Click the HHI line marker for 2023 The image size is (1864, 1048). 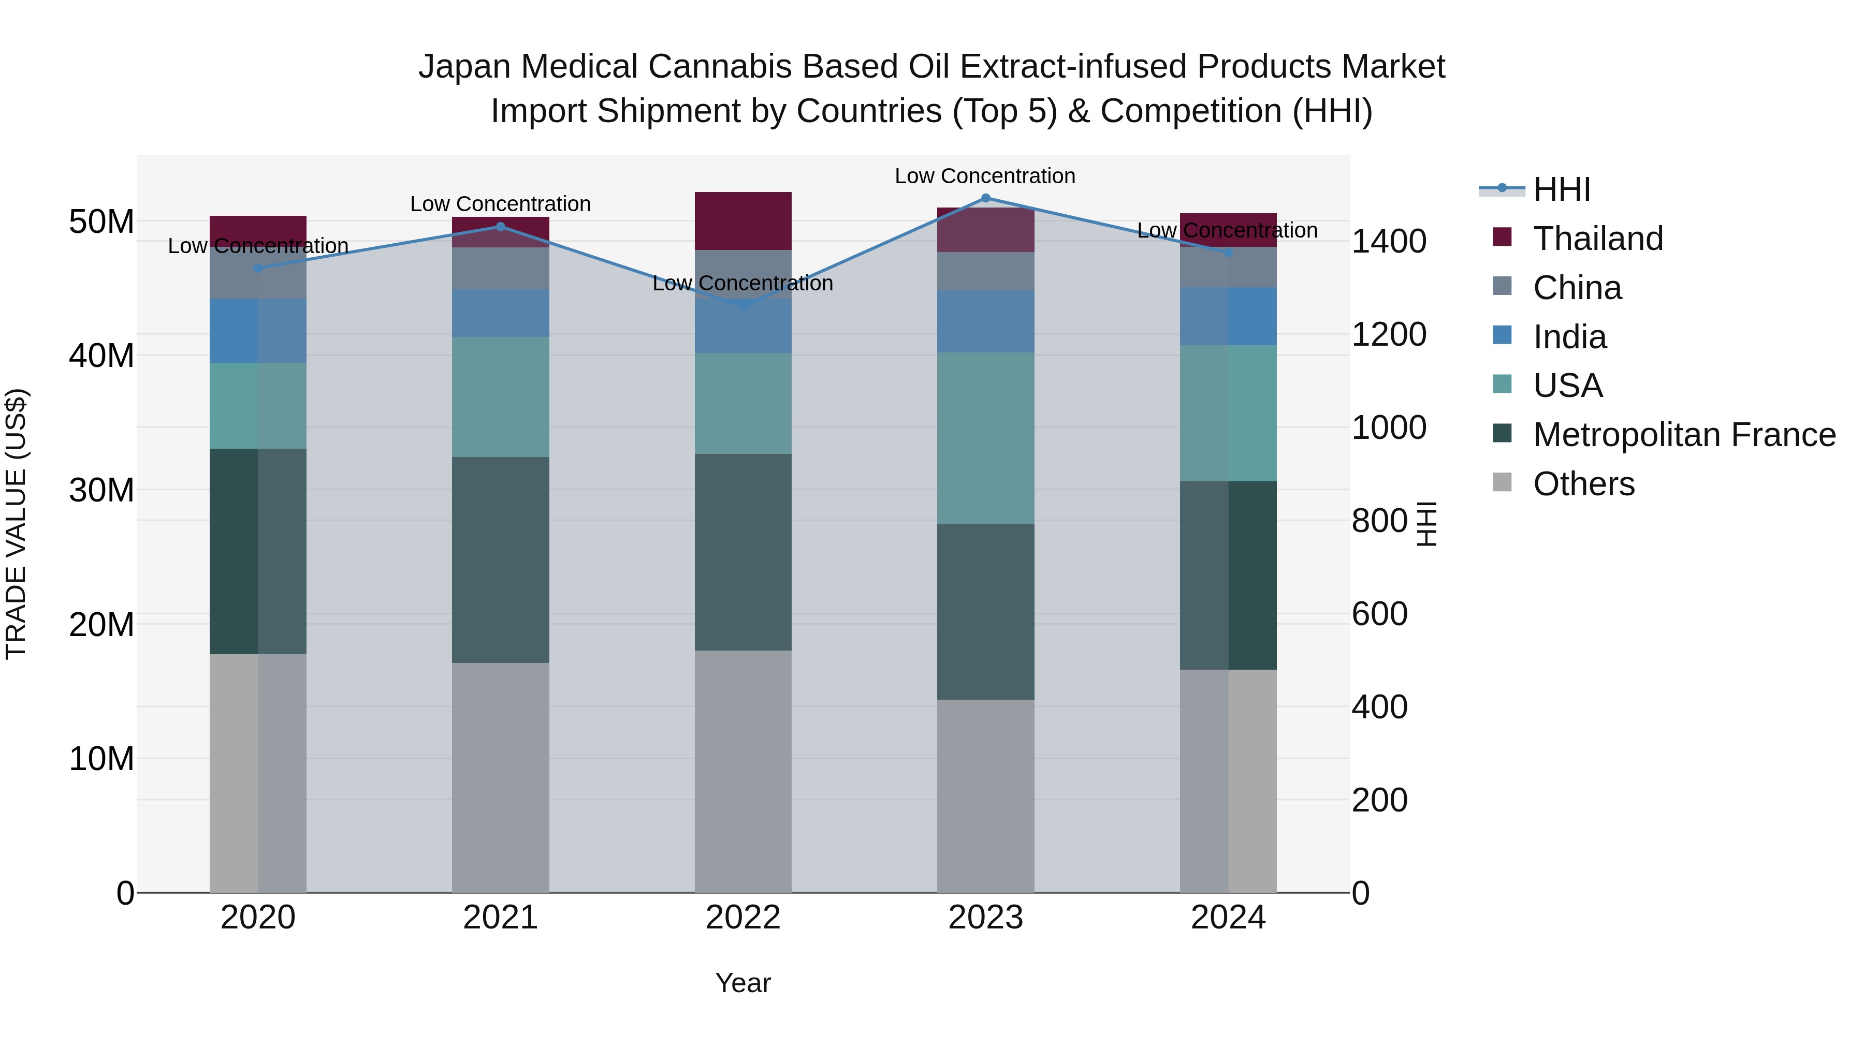[x=985, y=198]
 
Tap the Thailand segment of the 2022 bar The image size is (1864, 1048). [x=742, y=220]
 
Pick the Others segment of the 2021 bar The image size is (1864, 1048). [x=500, y=777]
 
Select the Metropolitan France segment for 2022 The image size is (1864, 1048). [x=742, y=552]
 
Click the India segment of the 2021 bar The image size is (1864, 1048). [x=500, y=313]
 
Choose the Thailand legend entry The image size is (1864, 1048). [x=1598, y=239]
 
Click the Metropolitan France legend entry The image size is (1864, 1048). [x=1684, y=435]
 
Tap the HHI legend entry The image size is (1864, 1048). [x=1562, y=189]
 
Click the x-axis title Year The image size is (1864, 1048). [x=742, y=983]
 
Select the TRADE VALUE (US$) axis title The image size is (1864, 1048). [x=16, y=524]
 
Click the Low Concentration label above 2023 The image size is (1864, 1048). [x=985, y=176]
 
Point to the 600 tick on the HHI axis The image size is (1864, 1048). [x=1379, y=614]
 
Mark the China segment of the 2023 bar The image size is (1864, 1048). [x=985, y=271]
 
